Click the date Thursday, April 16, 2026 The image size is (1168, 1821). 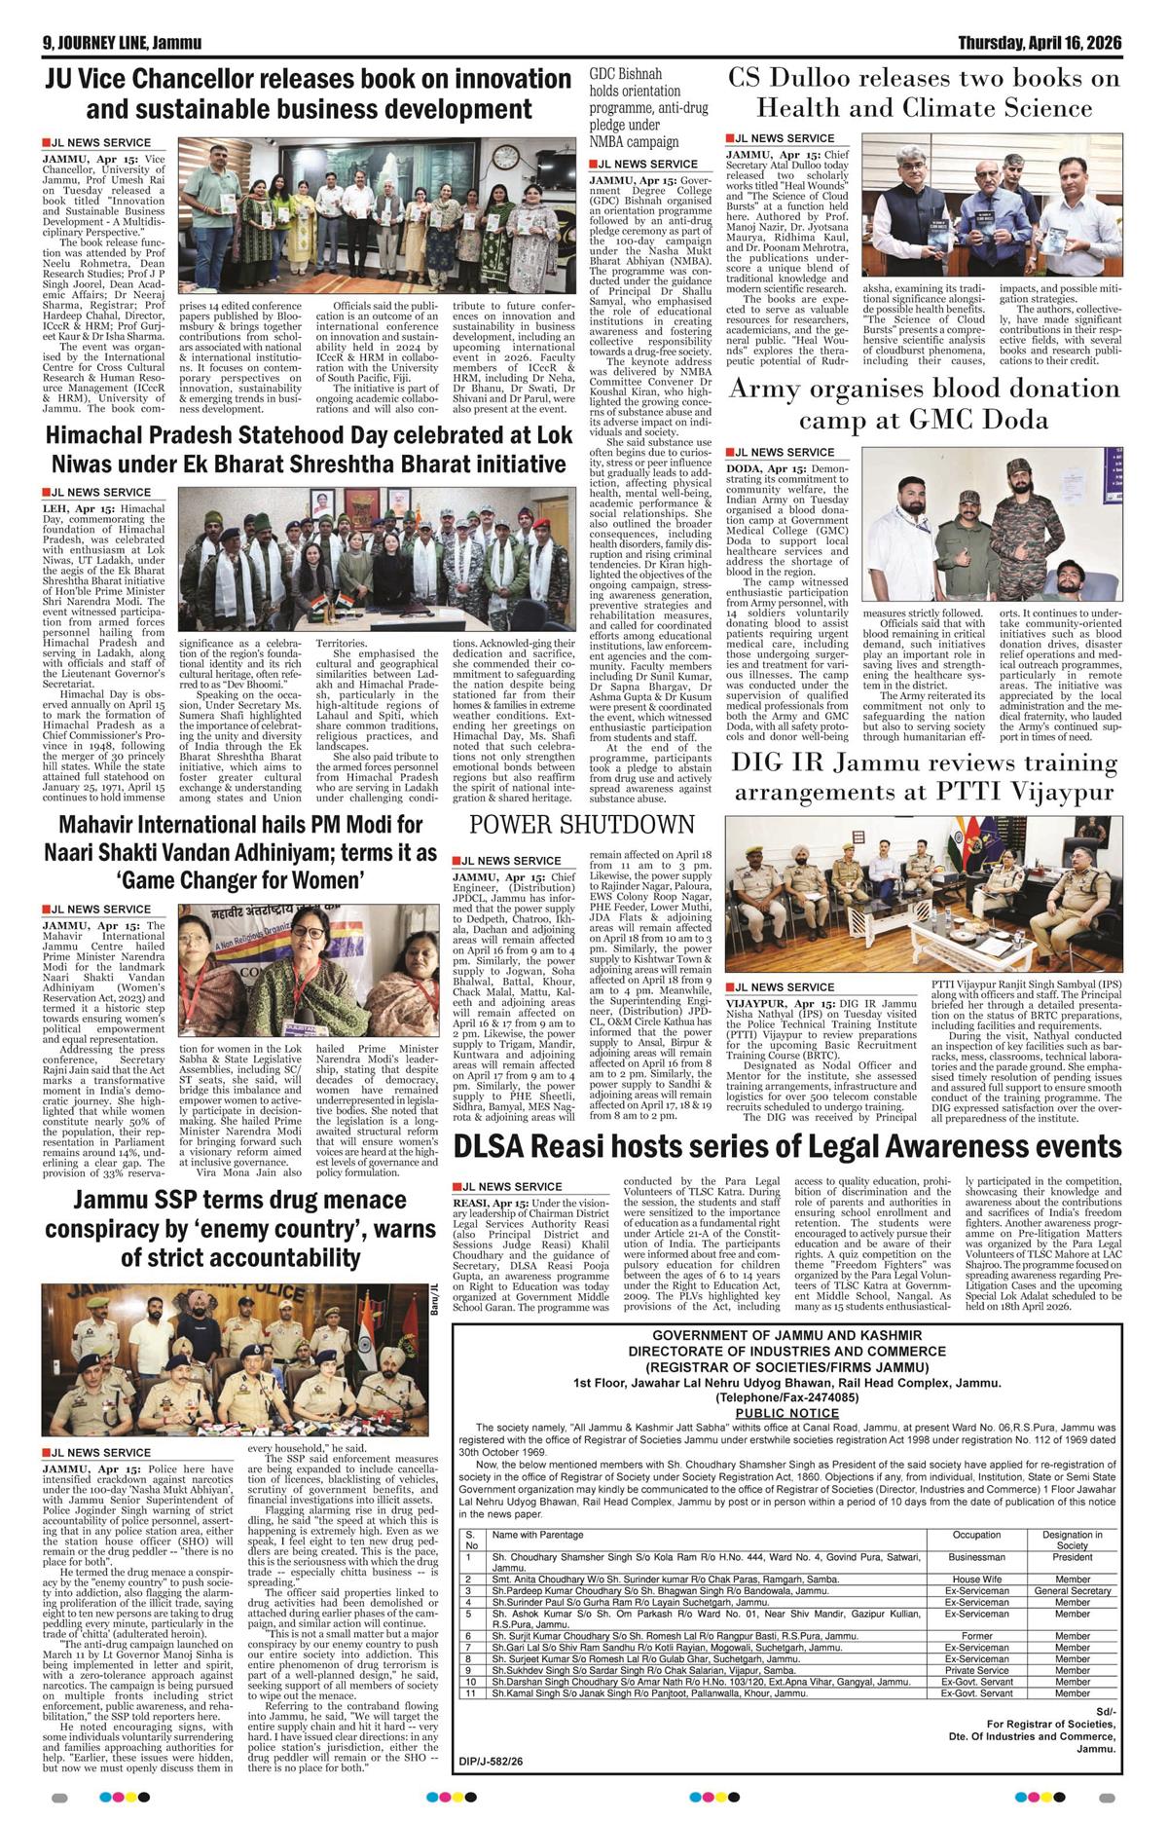pyautogui.click(x=1040, y=44)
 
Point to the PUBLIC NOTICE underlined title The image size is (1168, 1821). pyautogui.click(x=786, y=1412)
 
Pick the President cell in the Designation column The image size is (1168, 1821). pyautogui.click(x=1073, y=1557)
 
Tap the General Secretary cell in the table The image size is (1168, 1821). pyautogui.click(x=1073, y=1590)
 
